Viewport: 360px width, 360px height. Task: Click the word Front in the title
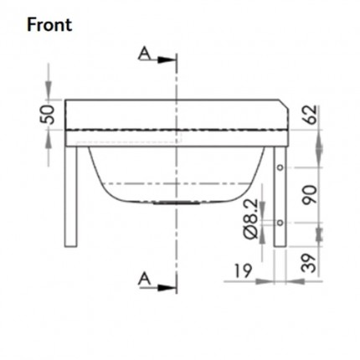[x=49, y=23]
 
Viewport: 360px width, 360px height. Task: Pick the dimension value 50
[x=49, y=114]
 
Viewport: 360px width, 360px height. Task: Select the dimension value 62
[x=311, y=115]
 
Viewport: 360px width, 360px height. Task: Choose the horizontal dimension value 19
[x=242, y=270]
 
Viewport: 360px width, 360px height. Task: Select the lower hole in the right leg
[x=280, y=222]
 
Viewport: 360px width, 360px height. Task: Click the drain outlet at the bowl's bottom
[x=175, y=202]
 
